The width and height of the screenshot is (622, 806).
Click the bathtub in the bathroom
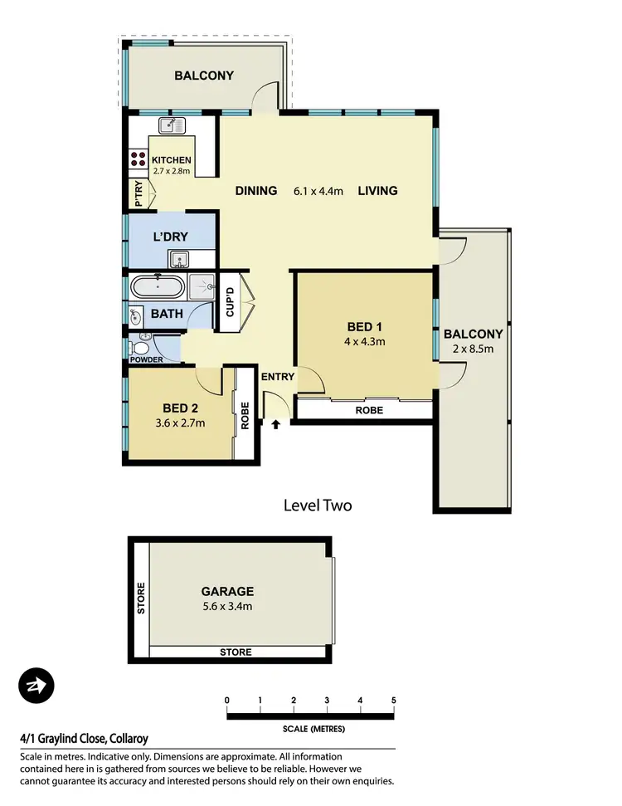tap(158, 289)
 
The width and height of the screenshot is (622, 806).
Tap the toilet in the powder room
tap(143, 340)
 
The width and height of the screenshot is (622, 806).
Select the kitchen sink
tap(172, 125)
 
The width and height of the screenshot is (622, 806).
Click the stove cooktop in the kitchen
tap(138, 159)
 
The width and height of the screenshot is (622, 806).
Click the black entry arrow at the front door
tap(276, 424)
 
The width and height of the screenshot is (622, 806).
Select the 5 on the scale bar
tap(393, 701)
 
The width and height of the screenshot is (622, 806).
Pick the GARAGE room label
tap(226, 592)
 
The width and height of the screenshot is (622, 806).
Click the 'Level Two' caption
tap(318, 505)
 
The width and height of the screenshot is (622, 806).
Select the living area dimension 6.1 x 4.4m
tap(318, 191)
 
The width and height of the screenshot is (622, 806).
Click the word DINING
tap(255, 191)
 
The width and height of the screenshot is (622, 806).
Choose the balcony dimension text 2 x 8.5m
tap(473, 349)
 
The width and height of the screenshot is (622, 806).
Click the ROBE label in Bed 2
tap(245, 415)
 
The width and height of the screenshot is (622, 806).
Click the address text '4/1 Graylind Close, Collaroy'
tap(84, 738)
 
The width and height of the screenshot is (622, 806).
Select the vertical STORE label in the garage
tap(140, 598)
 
